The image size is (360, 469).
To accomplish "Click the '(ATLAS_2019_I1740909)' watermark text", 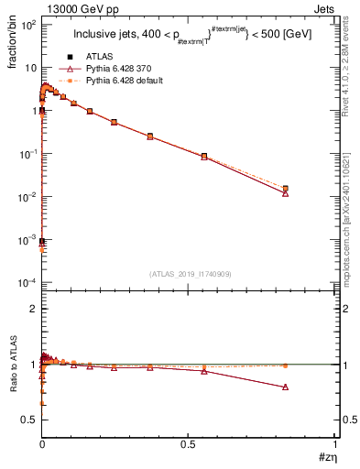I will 189,273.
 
